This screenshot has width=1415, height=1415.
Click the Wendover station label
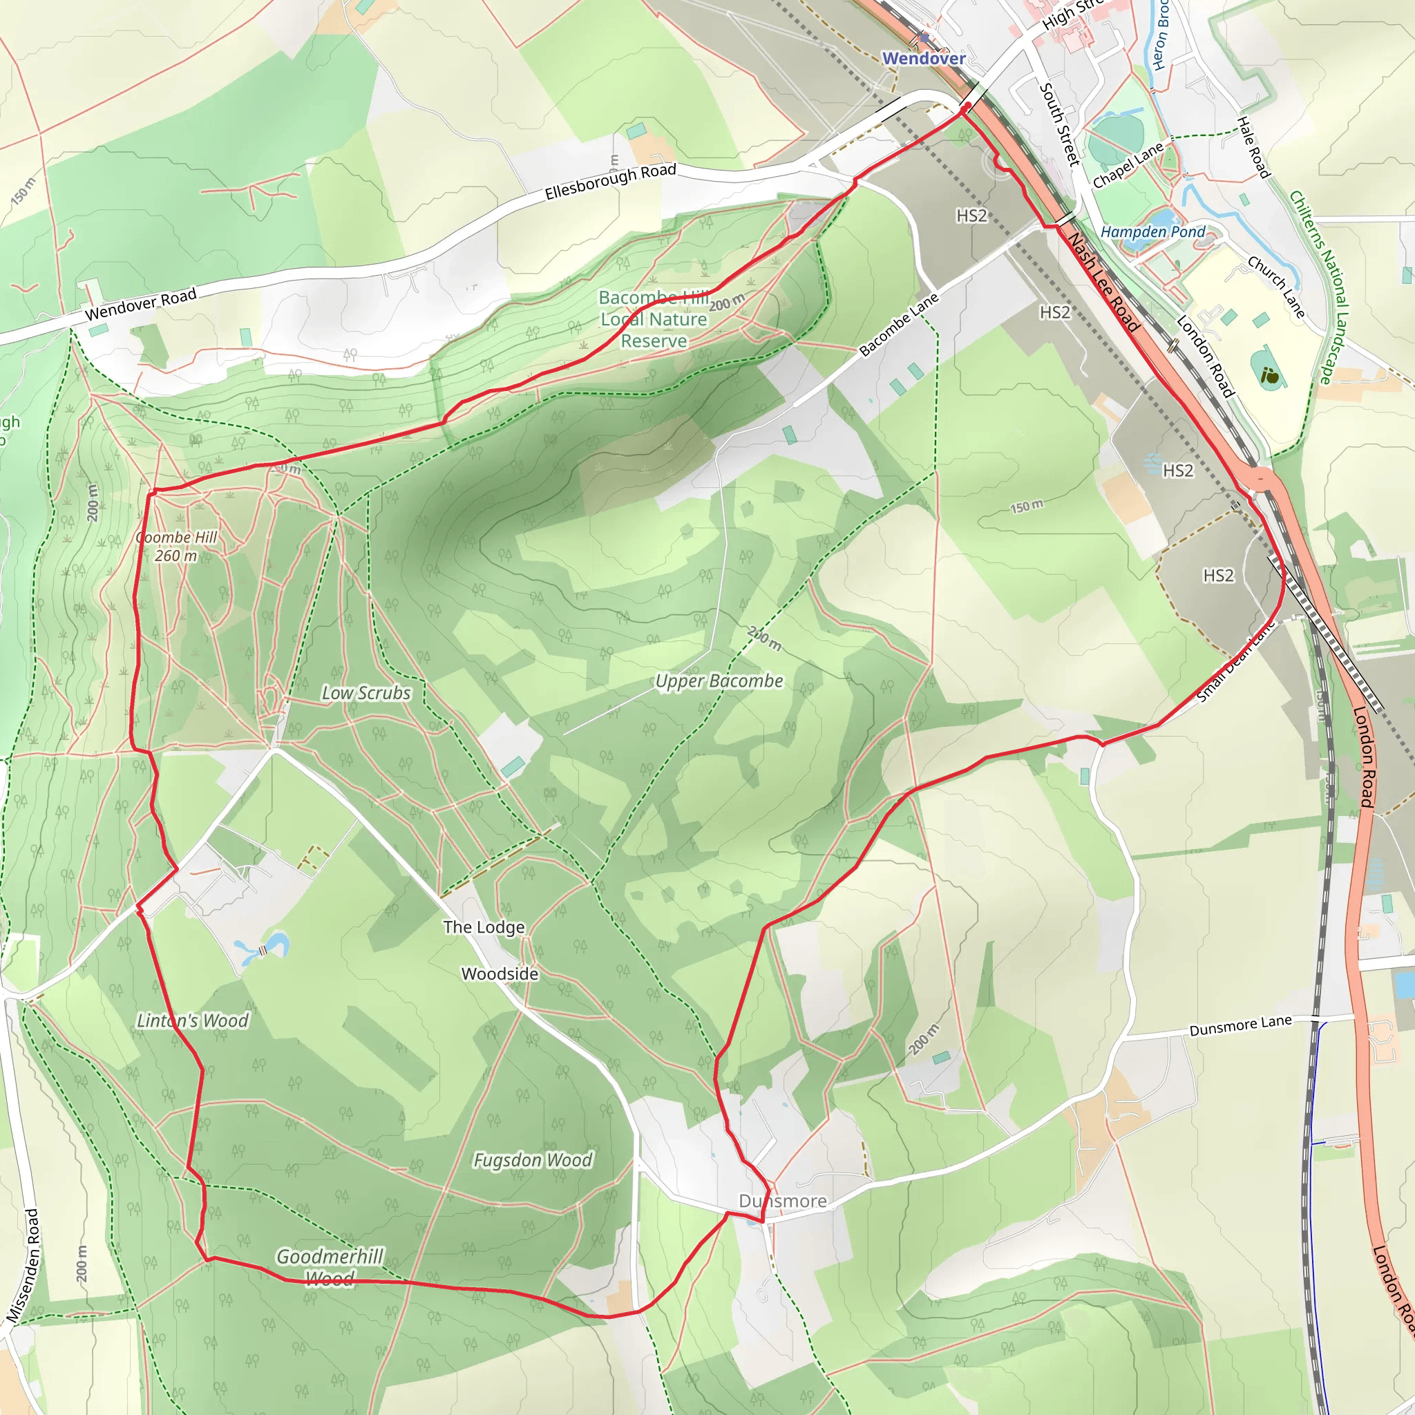point(924,58)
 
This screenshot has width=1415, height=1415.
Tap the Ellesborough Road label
point(610,182)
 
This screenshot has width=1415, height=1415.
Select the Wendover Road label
point(141,304)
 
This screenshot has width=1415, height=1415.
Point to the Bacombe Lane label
point(899,325)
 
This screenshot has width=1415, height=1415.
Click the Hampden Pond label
point(1153,232)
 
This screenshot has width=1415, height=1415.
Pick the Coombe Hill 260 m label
point(176,547)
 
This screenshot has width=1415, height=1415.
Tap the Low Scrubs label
point(366,693)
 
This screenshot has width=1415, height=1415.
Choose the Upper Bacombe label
point(719,681)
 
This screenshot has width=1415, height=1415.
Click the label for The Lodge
point(484,927)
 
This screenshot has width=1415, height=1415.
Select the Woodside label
point(500,974)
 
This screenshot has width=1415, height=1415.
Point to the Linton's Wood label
point(193,1020)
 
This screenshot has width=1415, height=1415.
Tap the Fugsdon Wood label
point(533,1160)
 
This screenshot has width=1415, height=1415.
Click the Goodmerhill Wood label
point(330,1268)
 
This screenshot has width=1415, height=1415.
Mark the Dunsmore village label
point(782,1201)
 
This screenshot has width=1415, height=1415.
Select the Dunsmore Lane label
point(1240,1026)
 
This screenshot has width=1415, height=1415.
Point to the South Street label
point(1059,124)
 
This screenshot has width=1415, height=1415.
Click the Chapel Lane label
point(1128,165)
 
